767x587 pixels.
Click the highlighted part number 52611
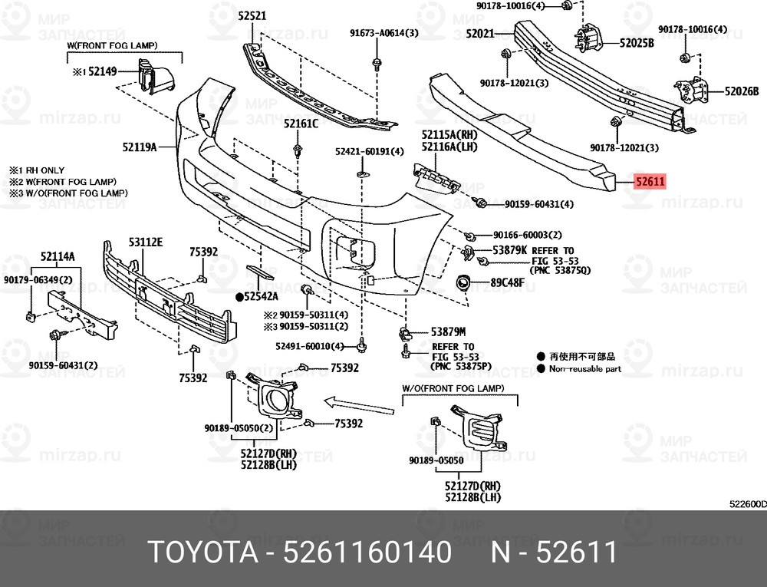pyautogui.click(x=650, y=182)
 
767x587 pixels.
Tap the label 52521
pyautogui.click(x=252, y=15)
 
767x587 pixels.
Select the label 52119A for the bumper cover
pyautogui.click(x=140, y=147)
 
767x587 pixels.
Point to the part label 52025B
pyautogui.click(x=637, y=43)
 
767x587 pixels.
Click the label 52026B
pyautogui.click(x=742, y=91)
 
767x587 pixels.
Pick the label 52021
pyautogui.click(x=480, y=34)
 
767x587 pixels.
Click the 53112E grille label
pyautogui.click(x=146, y=242)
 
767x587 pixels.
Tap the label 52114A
pyautogui.click(x=58, y=256)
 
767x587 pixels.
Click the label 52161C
pyautogui.click(x=301, y=124)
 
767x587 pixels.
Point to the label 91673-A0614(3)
pyautogui.click(x=384, y=33)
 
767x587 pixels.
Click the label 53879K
pyautogui.click(x=510, y=250)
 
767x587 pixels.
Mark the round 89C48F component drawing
pyautogui.click(x=463, y=282)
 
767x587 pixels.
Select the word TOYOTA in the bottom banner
pyautogui.click(x=202, y=552)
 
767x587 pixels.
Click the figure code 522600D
pyautogui.click(x=748, y=505)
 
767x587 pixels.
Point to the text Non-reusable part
pyautogui.click(x=585, y=369)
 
